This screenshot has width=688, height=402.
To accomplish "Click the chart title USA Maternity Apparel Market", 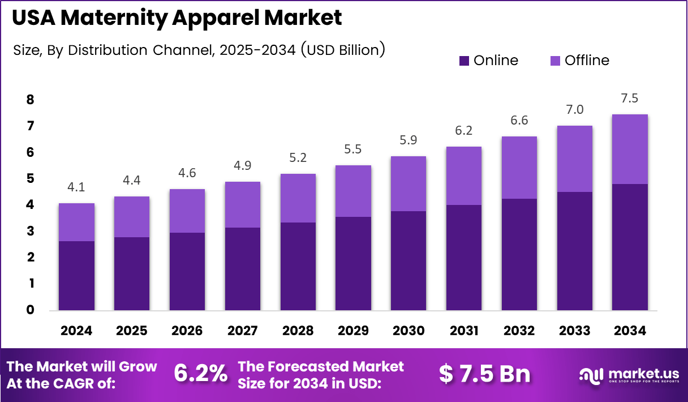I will tap(177, 18).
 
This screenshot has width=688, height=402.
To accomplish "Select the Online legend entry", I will tap(488, 61).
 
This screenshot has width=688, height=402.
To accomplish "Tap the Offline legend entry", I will tap(579, 61).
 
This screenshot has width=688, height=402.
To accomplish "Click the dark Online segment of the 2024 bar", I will tap(76, 276).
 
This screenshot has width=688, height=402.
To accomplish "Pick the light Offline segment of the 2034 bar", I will tap(629, 149).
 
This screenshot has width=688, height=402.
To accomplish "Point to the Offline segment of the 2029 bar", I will tap(353, 191).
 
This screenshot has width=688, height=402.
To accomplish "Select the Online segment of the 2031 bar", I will tap(463, 258).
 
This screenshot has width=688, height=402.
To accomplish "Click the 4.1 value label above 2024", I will tap(76, 187).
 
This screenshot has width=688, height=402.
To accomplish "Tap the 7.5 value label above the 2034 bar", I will tap(629, 99).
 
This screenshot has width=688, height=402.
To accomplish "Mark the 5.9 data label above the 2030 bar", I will tap(408, 140).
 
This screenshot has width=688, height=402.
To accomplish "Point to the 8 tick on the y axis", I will tap(30, 100).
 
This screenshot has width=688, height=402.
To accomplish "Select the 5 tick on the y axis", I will tap(30, 179).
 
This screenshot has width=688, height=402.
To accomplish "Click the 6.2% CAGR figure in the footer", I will tap(200, 374).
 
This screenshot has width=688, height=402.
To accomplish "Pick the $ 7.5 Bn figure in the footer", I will tap(485, 374).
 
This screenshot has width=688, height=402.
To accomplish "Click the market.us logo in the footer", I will tap(628, 375).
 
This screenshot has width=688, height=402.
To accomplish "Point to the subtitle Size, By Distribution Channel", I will tap(198, 50).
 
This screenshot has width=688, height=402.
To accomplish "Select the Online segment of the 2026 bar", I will tap(187, 271).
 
